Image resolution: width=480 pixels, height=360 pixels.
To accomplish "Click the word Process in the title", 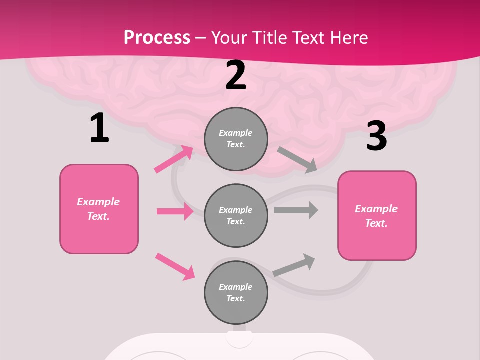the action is tap(157, 37).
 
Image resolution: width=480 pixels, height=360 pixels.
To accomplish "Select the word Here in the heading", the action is tap(347, 37).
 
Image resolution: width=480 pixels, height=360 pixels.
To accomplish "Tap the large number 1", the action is tap(99, 128).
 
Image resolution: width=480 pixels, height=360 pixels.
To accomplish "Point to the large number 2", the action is tap(236, 76).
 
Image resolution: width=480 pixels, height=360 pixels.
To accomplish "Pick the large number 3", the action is tap(376, 136).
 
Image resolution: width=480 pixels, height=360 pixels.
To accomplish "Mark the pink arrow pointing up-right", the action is tap(174, 159).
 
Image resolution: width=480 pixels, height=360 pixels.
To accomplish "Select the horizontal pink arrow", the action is tap(175, 211).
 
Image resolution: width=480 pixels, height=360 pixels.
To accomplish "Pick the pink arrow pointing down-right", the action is tap(175, 266).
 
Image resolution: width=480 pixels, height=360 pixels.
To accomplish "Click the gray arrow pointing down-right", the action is tap(297, 160).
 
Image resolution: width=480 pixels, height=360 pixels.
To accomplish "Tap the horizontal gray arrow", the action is tap(296, 210).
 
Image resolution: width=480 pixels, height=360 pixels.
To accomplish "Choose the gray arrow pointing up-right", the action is tap(294, 265).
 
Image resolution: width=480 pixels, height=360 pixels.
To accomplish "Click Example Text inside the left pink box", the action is tap(98, 209).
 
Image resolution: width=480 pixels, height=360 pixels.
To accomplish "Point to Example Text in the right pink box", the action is tap(376, 216).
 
